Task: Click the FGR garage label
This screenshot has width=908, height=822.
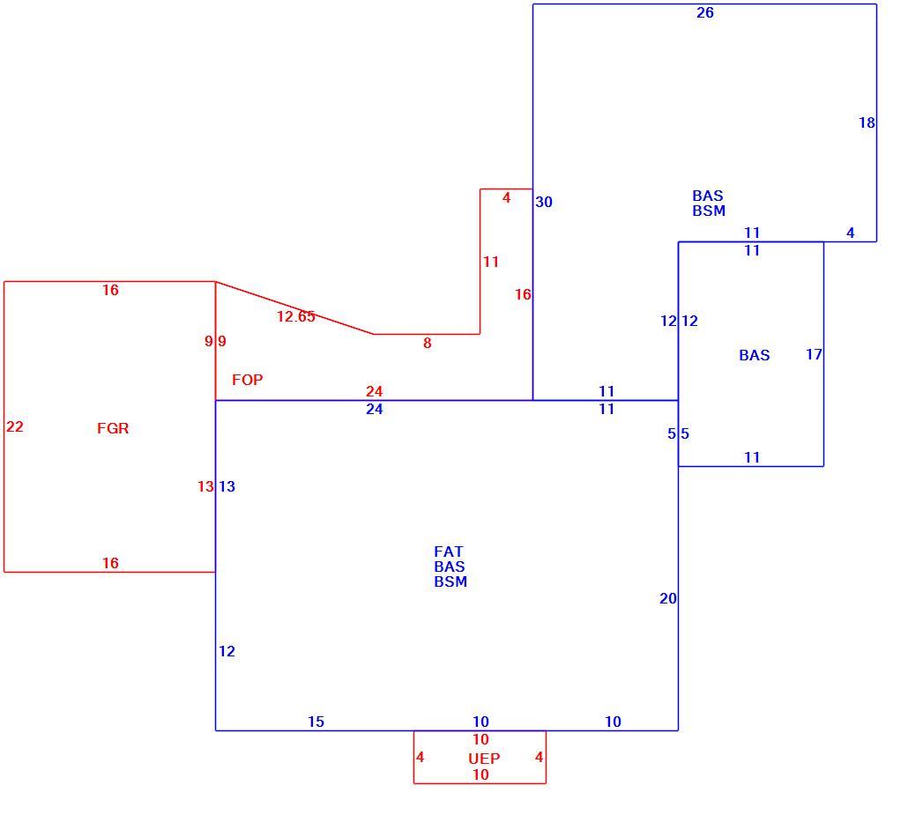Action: click(113, 428)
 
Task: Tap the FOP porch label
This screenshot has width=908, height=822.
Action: click(247, 380)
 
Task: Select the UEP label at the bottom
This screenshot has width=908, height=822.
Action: click(484, 759)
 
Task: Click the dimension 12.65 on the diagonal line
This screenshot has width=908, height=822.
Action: click(296, 316)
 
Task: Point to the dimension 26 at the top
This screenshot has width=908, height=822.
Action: click(704, 12)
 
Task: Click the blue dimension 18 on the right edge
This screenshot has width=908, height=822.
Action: click(867, 122)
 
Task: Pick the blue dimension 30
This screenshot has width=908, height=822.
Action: click(544, 202)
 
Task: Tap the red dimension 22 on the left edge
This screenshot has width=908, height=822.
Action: click(15, 426)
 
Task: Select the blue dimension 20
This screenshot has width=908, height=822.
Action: click(667, 598)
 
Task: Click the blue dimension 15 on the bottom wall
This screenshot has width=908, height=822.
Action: click(316, 722)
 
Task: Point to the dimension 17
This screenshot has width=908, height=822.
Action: click(814, 354)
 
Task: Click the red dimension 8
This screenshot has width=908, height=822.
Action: click(428, 344)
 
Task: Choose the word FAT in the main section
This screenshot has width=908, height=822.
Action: click(448, 552)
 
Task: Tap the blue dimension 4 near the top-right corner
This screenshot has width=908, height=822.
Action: click(850, 233)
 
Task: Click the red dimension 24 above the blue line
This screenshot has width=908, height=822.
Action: click(374, 391)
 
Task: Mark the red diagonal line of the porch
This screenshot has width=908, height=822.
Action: click(294, 308)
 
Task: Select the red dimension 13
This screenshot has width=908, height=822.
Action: click(205, 486)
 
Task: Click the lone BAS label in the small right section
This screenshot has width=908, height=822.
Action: click(755, 355)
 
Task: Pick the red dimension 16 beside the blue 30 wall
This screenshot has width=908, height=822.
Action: click(523, 294)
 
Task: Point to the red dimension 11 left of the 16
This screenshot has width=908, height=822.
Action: click(491, 263)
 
